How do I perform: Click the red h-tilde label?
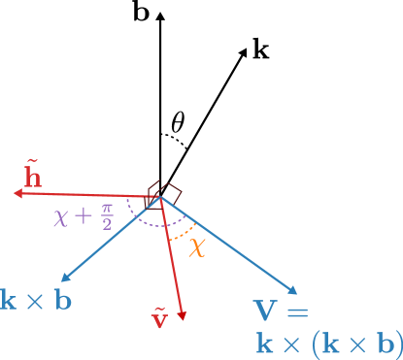tap(33, 176)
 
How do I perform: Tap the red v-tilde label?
tap(160, 318)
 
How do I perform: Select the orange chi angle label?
tap(197, 246)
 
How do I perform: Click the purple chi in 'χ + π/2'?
tap(61, 216)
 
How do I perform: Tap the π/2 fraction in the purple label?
tap(106, 215)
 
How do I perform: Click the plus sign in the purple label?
tap(84, 216)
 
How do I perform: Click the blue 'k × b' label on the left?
tap(36, 300)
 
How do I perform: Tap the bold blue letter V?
tap(266, 311)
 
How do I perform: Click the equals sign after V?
tap(296, 312)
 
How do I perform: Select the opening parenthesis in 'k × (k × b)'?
tap(312, 343)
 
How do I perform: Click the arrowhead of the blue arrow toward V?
tap(292, 289)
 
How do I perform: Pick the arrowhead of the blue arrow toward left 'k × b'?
tap(63, 279)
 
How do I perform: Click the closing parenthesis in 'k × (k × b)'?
tap(398, 343)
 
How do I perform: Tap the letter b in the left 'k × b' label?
tap(62, 300)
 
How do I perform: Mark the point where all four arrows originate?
tap(158, 197)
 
